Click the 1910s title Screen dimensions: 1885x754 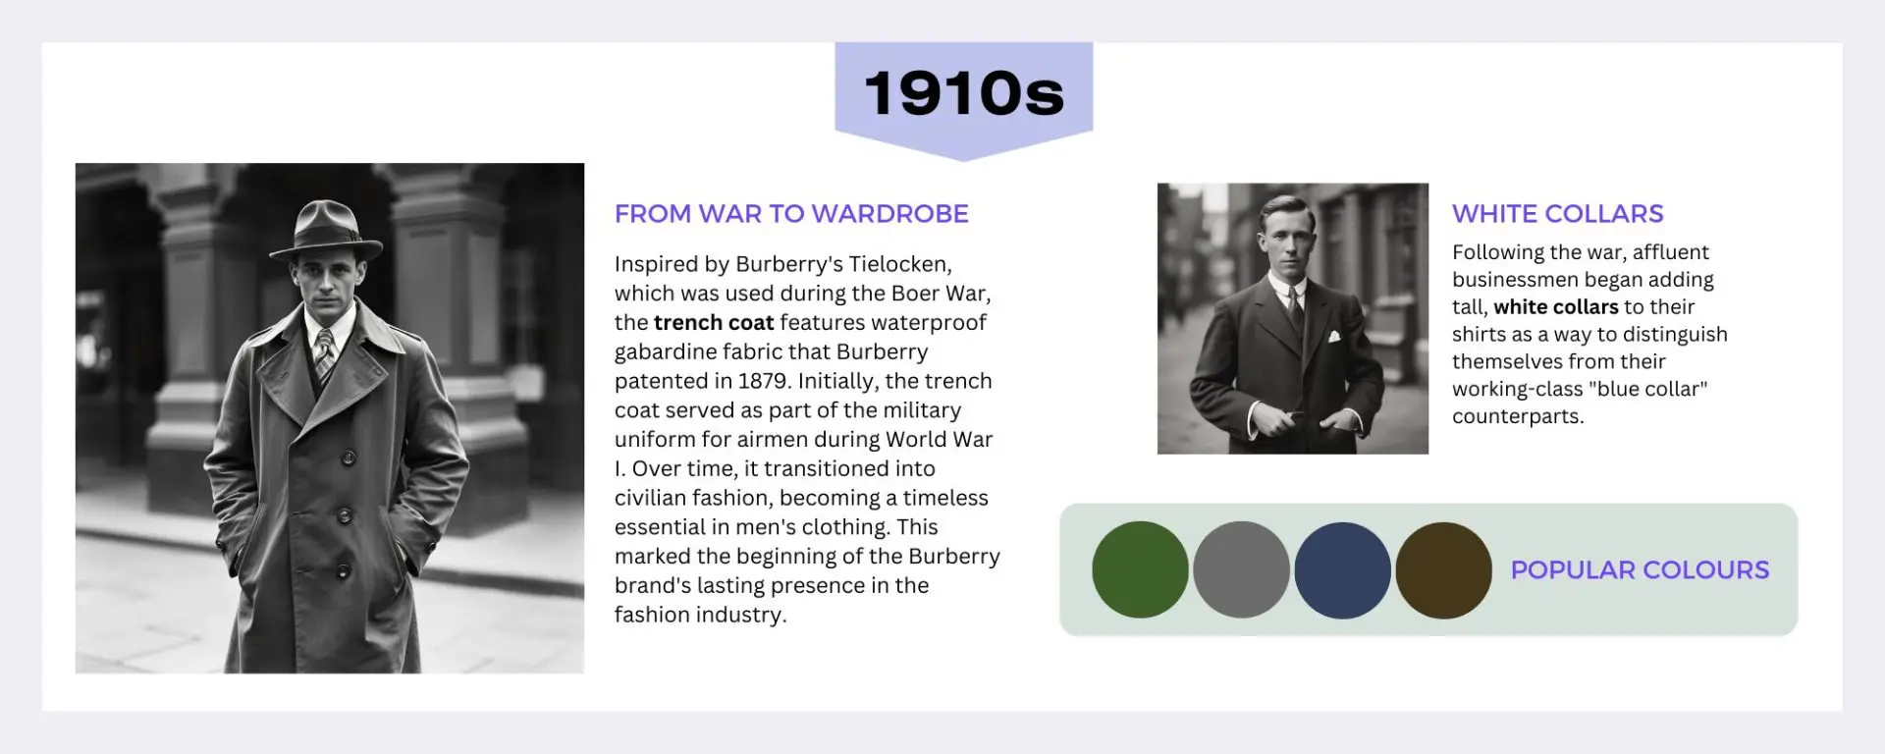964,93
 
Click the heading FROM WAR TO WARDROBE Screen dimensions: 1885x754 791,214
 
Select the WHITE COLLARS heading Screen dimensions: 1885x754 1558,214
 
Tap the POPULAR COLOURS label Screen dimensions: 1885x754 1640,570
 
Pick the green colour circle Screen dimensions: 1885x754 1140,569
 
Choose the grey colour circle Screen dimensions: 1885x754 1241,569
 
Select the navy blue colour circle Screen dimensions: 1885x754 1342,569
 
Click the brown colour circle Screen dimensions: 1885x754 1443,569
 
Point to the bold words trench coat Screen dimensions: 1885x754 714,323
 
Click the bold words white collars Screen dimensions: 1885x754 1556,307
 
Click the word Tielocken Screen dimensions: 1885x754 898,264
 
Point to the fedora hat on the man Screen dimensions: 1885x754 326,230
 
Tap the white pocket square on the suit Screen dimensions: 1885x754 1333,337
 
